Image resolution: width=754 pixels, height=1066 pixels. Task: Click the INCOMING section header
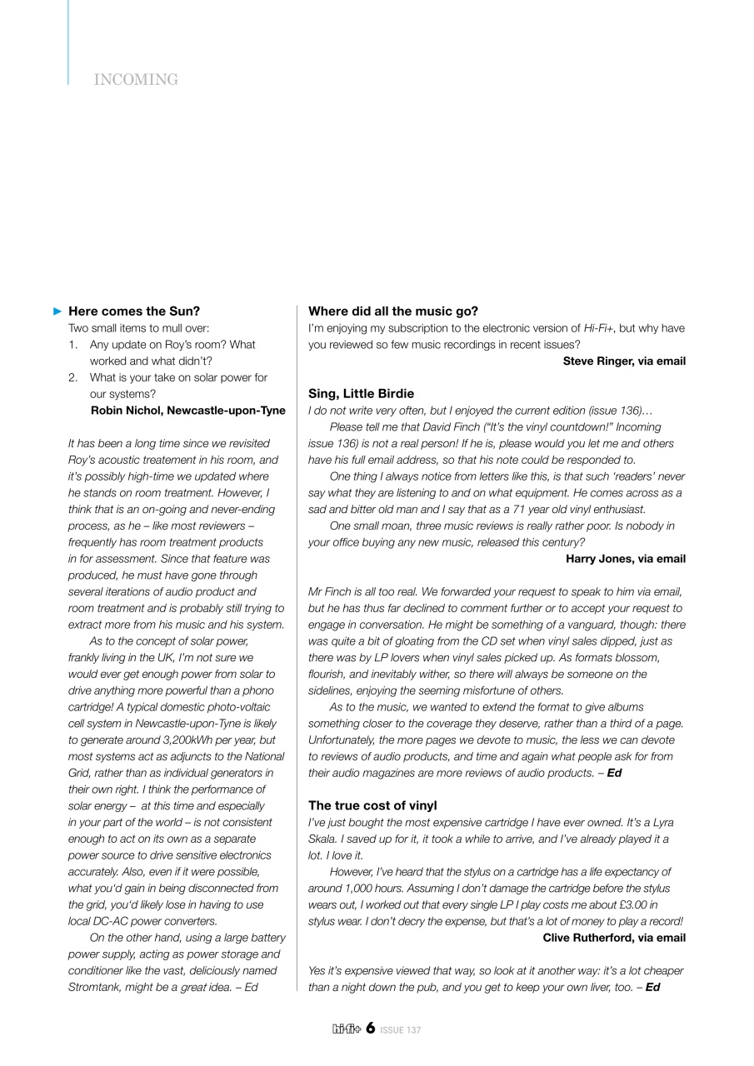(x=136, y=80)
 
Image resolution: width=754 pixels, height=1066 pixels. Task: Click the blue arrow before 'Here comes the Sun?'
(x=57, y=311)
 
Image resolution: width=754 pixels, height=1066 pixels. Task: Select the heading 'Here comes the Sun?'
(x=134, y=311)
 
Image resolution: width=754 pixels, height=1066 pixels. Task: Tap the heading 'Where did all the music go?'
(x=393, y=311)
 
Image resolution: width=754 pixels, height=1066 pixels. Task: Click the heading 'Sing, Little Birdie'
(x=361, y=394)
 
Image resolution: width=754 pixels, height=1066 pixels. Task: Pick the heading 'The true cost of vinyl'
(x=372, y=806)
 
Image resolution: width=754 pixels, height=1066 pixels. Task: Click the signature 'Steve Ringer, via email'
(x=624, y=361)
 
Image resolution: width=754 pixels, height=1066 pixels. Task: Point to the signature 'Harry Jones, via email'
(x=626, y=559)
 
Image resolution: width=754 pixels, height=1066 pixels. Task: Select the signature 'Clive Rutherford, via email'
(x=614, y=938)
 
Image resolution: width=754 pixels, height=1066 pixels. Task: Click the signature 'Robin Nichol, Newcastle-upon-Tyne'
(x=187, y=411)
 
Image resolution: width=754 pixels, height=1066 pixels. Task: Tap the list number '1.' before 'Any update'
(x=73, y=345)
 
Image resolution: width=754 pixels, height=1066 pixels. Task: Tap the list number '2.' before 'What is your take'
(x=73, y=378)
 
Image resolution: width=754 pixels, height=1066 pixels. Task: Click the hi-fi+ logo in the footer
(x=346, y=1029)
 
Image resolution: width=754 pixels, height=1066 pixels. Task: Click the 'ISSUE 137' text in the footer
(x=401, y=1030)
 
